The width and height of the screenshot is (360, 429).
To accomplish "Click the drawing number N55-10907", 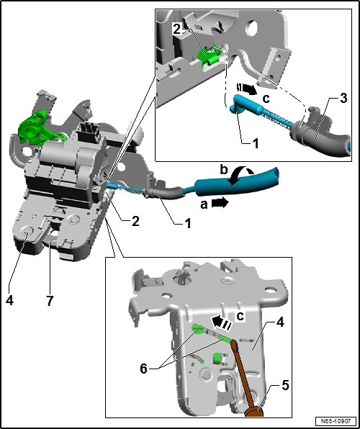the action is (336, 420).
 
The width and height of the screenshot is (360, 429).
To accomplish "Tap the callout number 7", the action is (50, 301).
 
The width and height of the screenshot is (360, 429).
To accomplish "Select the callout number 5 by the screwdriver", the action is (285, 387).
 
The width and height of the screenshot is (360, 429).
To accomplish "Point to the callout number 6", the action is (144, 369).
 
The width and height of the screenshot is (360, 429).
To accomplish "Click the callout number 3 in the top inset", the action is (343, 98).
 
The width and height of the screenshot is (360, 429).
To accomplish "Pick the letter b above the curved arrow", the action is (224, 170).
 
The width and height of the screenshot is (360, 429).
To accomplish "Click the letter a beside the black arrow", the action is (204, 204).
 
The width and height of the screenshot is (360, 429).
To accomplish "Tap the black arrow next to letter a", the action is (220, 204).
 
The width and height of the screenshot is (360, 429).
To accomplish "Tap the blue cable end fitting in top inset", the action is (245, 104).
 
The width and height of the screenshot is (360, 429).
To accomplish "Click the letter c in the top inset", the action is (266, 99).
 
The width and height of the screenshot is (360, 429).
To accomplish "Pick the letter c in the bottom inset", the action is (240, 316).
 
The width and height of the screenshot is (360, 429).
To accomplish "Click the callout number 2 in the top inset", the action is (177, 30).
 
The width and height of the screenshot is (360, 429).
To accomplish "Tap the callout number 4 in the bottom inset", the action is (280, 323).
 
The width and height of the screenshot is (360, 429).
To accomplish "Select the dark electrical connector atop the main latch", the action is (87, 132).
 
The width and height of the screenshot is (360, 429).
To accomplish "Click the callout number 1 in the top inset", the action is (255, 143).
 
